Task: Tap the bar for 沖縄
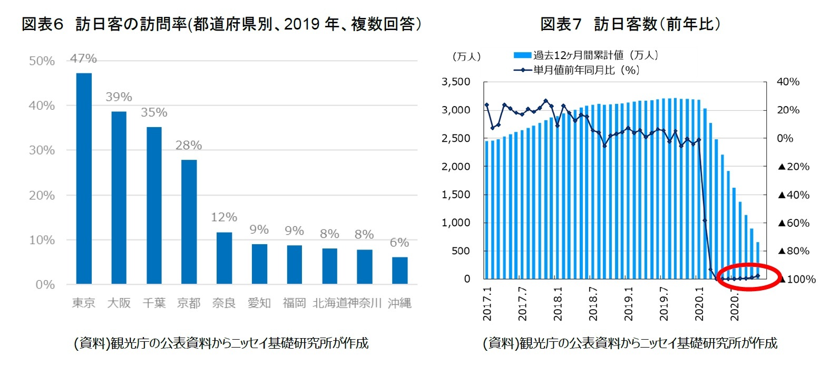pos(399,271)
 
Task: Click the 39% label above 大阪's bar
pos(119,97)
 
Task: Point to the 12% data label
pos(224,217)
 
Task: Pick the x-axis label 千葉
pos(154,303)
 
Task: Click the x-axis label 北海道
pos(330,303)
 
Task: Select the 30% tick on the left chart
pos(42,150)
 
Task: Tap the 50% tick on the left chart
pos(42,61)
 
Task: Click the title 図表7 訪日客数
pos(630,24)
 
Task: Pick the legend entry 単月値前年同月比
pos(586,70)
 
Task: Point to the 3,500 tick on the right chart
pos(456,82)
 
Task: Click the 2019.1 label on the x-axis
pos(629,304)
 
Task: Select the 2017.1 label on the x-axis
pos(487,304)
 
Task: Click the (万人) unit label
pos(466,56)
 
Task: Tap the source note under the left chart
pos(221,343)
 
